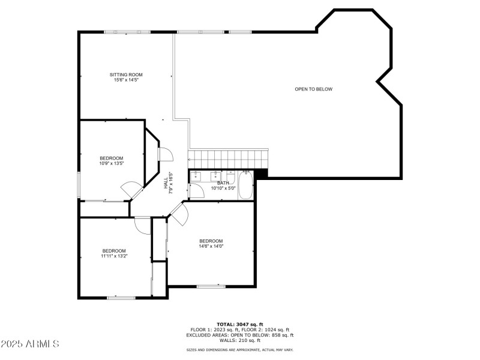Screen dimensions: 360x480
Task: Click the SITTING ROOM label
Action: (126, 74)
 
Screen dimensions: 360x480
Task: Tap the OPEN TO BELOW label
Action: (313, 89)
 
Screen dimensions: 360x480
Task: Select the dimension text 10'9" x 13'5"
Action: (111, 163)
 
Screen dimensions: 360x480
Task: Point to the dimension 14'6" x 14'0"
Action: (211, 246)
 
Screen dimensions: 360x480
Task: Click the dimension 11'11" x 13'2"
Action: (113, 256)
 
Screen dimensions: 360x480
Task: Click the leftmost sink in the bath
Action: (198, 177)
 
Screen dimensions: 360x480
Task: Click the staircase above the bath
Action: (228, 160)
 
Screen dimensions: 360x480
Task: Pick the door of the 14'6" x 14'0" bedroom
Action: (179, 214)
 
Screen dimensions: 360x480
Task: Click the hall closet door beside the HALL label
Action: (166, 155)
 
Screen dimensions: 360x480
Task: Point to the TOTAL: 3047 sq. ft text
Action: (240, 324)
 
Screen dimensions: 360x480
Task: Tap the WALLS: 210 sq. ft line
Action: (240, 340)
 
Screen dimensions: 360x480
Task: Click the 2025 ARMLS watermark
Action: (30, 344)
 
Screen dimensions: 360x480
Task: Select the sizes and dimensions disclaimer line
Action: (240, 350)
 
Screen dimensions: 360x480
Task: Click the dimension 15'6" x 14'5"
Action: (126, 80)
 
